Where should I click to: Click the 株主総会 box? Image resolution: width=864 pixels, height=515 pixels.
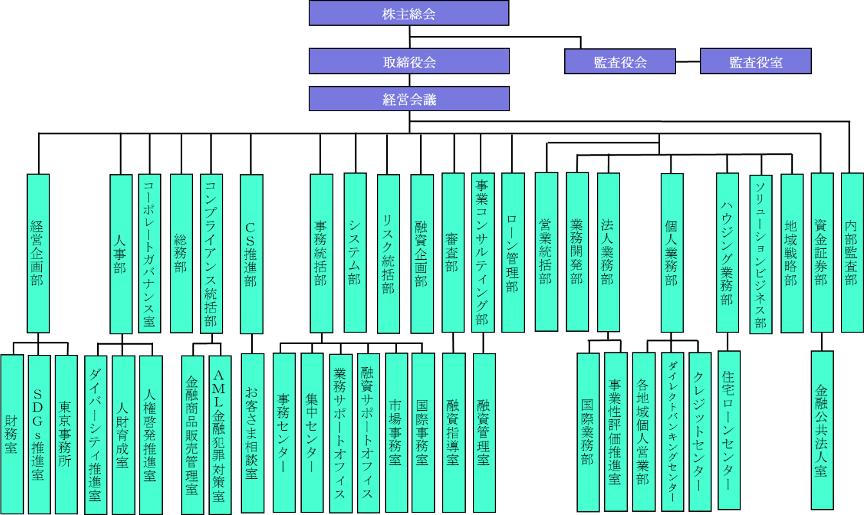tap(409, 13)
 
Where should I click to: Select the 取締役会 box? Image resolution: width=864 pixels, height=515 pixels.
tap(409, 62)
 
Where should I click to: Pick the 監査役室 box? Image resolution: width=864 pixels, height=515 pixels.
tap(755, 62)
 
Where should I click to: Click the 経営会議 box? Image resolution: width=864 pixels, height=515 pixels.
tap(409, 99)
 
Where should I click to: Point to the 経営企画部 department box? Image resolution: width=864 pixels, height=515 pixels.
tap(38, 253)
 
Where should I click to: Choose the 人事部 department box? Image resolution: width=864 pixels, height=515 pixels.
tap(120, 253)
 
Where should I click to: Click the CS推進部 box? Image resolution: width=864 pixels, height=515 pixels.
tap(251, 253)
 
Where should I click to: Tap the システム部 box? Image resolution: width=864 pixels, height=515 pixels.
tap(354, 252)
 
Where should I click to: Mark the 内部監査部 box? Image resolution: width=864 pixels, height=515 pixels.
tap(852, 252)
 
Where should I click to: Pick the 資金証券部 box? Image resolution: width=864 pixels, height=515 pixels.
tap(821, 252)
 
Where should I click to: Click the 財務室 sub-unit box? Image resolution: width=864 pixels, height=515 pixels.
tap(12, 434)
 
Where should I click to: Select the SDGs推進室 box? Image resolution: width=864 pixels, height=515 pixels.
tap(39, 434)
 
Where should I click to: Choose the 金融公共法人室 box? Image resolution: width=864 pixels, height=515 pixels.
tap(822, 429)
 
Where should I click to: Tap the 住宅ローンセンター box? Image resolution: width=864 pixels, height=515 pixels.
tap(729, 429)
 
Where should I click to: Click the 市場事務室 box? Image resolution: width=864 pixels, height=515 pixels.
tap(396, 432)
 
